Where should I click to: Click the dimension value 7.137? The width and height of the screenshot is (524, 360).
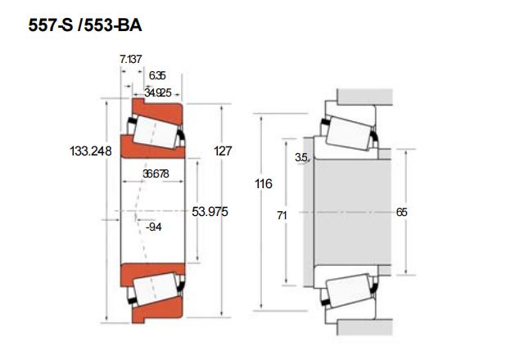129,60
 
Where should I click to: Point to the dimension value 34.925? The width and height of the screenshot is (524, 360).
157,92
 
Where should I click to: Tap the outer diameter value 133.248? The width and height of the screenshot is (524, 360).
91,151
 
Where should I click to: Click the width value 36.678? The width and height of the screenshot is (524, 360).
155,174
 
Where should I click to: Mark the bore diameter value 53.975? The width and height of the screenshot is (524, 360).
210,212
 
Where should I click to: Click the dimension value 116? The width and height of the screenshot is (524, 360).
263,184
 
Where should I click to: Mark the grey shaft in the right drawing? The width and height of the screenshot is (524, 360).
344,211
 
